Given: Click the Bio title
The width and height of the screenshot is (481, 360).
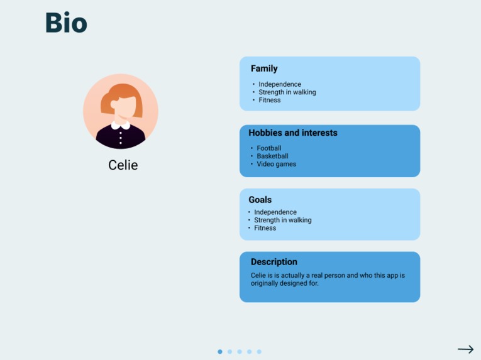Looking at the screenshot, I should [x=66, y=23].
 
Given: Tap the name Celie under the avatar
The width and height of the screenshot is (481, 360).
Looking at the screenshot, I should [x=123, y=165].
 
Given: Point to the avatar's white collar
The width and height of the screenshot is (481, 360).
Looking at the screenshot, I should [x=121, y=126].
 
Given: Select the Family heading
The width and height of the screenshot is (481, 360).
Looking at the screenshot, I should [x=264, y=68].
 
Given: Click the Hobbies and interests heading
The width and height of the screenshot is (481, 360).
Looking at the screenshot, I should [x=293, y=133].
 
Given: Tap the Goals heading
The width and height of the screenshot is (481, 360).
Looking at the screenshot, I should [x=260, y=200].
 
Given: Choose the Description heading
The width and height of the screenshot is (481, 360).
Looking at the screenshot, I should [x=274, y=262].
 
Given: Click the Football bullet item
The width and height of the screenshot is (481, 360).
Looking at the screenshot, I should [x=269, y=148].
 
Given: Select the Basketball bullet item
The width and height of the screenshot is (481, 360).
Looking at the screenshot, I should [x=272, y=156].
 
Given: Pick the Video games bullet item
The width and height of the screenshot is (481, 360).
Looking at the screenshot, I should [x=277, y=164].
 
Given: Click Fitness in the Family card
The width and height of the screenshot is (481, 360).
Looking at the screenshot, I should [x=270, y=100].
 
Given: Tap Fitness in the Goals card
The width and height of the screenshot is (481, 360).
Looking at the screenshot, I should [x=265, y=228].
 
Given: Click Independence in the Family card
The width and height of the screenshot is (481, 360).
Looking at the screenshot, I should [x=280, y=84].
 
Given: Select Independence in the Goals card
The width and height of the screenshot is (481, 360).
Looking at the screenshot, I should [x=275, y=212].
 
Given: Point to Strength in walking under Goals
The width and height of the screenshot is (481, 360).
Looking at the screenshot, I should [x=283, y=220].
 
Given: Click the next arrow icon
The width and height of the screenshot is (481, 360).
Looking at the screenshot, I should [x=466, y=349].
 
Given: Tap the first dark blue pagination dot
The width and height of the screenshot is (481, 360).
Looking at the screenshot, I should [x=220, y=352].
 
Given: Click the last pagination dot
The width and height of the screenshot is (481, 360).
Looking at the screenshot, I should [x=259, y=352].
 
